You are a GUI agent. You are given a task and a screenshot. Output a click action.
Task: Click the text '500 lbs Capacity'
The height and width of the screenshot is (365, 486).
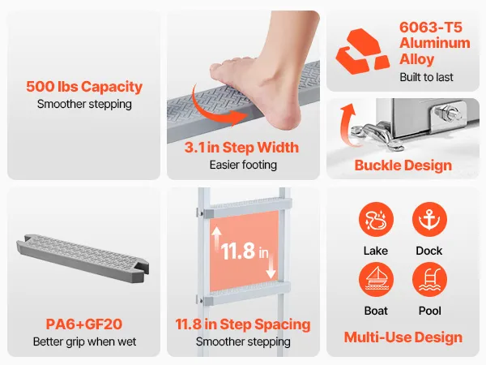pos(84,87)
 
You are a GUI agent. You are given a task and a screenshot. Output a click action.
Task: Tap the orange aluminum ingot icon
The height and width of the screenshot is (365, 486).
pos(362,51)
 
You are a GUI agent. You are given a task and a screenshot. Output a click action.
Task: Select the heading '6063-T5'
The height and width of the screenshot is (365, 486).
pos(431,28)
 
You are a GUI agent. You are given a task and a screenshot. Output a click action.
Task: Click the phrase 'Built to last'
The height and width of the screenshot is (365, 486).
pos(426,77)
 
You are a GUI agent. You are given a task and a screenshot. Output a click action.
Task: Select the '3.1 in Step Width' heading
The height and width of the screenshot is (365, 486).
pos(241,147)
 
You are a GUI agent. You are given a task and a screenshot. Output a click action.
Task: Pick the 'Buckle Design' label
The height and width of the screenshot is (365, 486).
pos(403,165)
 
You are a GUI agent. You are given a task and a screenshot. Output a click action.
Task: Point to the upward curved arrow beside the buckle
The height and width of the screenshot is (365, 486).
pos(347,124)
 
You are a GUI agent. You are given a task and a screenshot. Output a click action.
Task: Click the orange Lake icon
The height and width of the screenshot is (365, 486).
pos(376,220)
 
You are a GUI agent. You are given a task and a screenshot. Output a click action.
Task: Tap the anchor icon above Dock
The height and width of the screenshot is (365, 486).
pos(429,220)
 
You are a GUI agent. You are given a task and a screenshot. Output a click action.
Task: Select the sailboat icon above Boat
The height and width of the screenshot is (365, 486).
pos(376,280)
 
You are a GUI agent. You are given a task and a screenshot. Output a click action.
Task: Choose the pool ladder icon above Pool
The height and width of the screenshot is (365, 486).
pos(429,280)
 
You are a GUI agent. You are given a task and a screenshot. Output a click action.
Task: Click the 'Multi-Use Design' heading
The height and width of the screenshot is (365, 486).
pos(403,337)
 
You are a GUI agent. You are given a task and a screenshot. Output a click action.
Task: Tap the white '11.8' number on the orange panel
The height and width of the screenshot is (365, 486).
pos(238,251)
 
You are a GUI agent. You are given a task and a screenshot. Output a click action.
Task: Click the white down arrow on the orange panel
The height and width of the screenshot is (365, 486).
pos(271,265)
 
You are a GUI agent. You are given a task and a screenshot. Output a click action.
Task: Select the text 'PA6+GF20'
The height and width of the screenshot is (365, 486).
pos(84,324)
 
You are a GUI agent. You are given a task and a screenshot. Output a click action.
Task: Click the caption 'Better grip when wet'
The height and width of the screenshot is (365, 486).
pos(84,341)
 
